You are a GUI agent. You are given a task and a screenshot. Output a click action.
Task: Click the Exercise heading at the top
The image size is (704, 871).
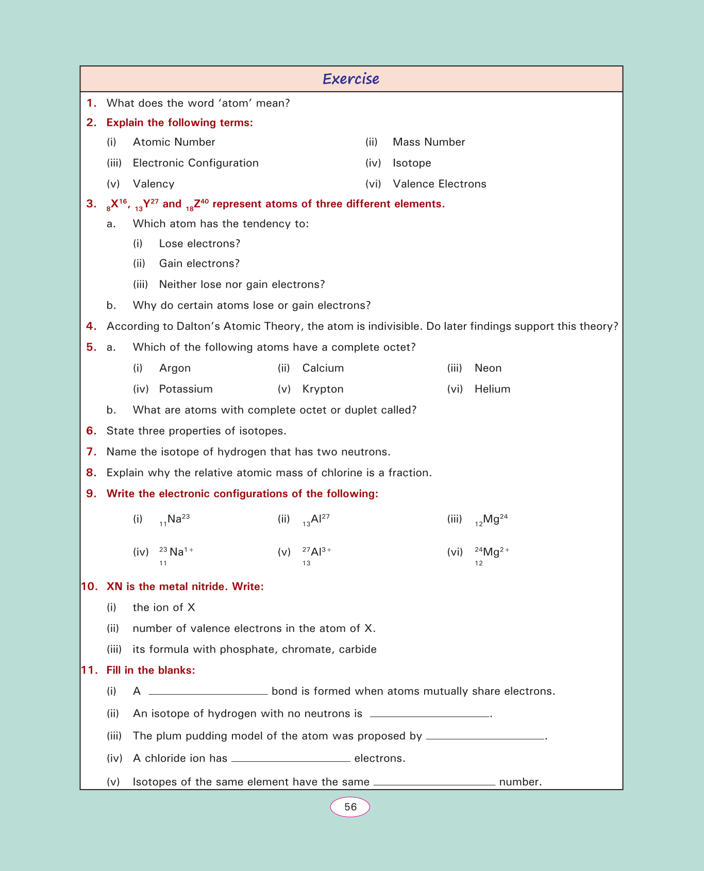(351, 79)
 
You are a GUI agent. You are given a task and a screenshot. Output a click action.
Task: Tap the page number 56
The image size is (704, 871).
(350, 807)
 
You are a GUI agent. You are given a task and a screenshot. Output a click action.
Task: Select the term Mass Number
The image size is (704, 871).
(429, 142)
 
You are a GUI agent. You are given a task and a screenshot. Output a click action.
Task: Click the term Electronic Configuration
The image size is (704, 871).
(196, 163)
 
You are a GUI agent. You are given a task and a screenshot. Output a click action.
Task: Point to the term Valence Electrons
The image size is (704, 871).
(439, 184)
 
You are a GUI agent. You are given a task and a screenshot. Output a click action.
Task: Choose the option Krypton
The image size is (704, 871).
(323, 389)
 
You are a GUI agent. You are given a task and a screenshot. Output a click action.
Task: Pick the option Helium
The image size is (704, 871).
(492, 389)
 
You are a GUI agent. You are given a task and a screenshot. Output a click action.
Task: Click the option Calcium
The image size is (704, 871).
(323, 368)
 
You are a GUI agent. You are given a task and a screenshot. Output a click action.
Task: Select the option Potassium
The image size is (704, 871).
(186, 389)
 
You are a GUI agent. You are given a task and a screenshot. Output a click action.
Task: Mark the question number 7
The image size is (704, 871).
(91, 452)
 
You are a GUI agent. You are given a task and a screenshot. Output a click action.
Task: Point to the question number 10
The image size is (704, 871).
(89, 587)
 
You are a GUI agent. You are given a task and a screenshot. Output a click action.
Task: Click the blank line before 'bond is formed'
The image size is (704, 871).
(208, 694)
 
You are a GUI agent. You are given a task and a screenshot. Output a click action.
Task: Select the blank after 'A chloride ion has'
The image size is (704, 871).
(291, 761)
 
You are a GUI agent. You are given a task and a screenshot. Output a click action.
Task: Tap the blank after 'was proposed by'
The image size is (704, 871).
(485, 739)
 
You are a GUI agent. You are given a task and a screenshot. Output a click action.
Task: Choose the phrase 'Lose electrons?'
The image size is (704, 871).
(199, 244)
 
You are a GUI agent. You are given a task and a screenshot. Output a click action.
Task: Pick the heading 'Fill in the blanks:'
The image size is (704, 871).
(150, 670)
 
